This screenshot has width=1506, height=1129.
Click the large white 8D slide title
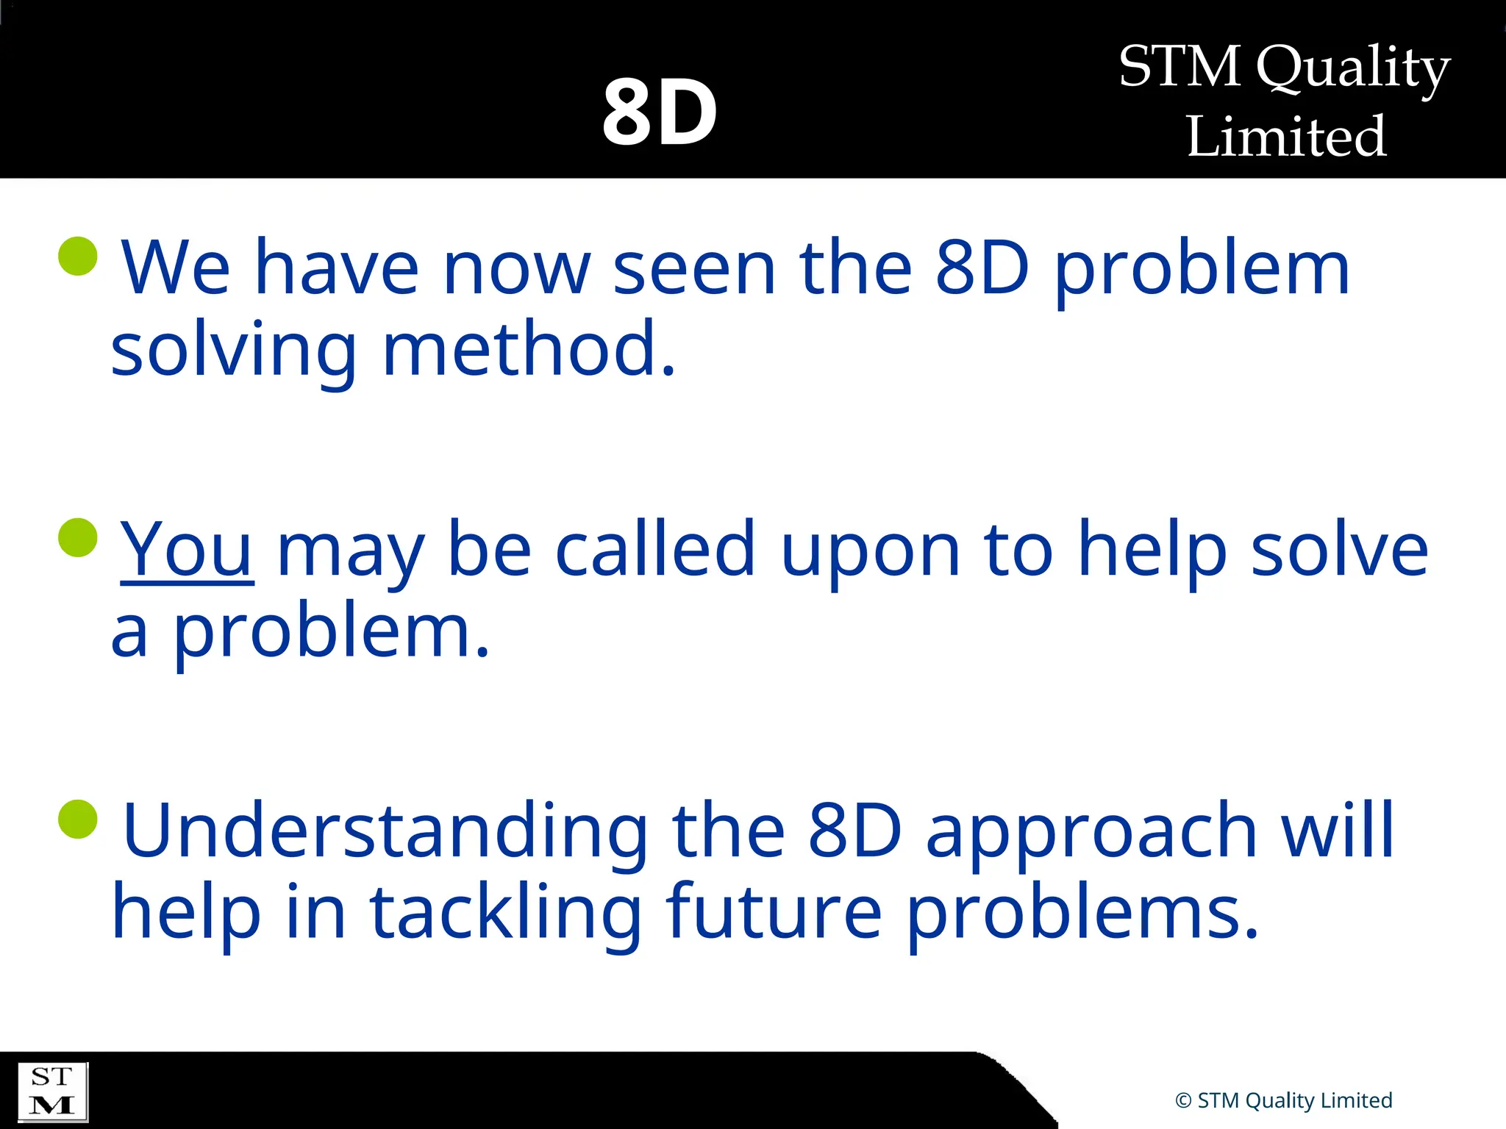tap(660, 112)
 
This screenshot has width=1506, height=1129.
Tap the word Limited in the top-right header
tap(1286, 137)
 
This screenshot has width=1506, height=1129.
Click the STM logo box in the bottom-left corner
tap(52, 1092)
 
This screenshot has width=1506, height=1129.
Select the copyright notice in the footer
tap(1284, 1100)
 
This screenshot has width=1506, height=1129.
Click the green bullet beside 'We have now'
tap(78, 256)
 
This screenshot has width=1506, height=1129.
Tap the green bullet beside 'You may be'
tap(78, 537)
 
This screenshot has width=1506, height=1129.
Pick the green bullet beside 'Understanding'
tap(78, 819)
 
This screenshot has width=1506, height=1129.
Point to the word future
tap(774, 912)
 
